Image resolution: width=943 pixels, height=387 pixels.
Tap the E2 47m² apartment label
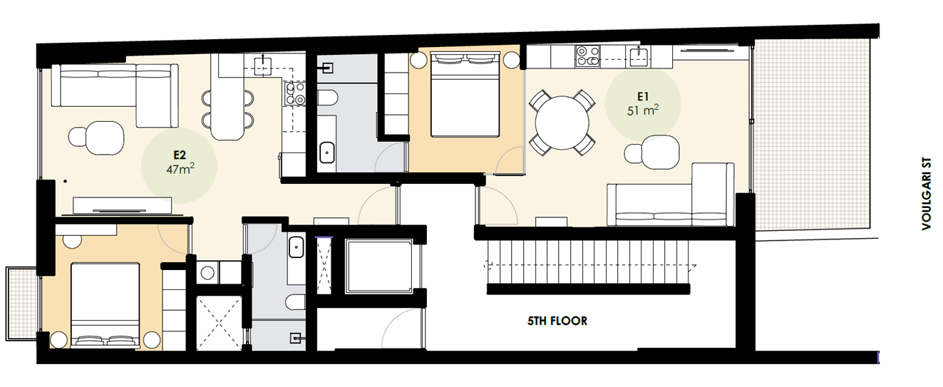[179, 160]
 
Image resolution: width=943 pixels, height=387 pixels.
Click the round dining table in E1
[562, 123]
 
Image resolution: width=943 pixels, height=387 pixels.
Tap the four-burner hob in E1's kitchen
[587, 56]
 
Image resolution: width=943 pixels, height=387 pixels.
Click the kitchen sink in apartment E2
[263, 66]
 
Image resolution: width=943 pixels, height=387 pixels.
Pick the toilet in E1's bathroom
[328, 100]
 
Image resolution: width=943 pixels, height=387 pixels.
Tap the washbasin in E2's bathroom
[297, 249]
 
